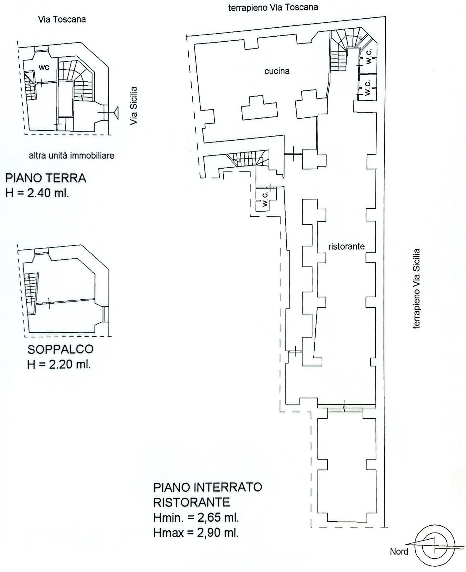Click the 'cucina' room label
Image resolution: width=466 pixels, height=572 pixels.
(x=277, y=71)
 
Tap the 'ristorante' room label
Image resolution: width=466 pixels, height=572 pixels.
(x=346, y=247)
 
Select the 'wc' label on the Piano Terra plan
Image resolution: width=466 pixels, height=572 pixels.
(x=44, y=67)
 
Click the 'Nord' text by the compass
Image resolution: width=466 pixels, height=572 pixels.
(x=399, y=552)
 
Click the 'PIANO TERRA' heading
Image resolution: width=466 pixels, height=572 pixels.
(x=46, y=178)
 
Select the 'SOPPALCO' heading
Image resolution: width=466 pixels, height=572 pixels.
(x=60, y=349)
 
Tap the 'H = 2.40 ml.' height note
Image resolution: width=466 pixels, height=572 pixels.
(x=37, y=193)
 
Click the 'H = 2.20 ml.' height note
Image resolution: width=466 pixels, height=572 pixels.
(x=59, y=364)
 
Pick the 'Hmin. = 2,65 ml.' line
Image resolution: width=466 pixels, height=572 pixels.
(x=196, y=518)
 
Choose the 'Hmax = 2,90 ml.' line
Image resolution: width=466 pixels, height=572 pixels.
(x=196, y=533)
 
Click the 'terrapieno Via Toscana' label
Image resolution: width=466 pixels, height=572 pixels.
(x=273, y=7)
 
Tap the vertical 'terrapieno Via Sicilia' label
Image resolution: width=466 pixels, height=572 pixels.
(x=417, y=289)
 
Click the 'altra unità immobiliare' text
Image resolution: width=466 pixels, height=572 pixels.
(x=72, y=155)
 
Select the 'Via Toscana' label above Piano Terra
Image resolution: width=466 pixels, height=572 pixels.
(x=62, y=20)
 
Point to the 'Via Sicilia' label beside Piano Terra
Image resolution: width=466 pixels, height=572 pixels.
(x=134, y=106)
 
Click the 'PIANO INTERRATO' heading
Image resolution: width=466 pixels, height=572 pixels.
(x=208, y=487)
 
